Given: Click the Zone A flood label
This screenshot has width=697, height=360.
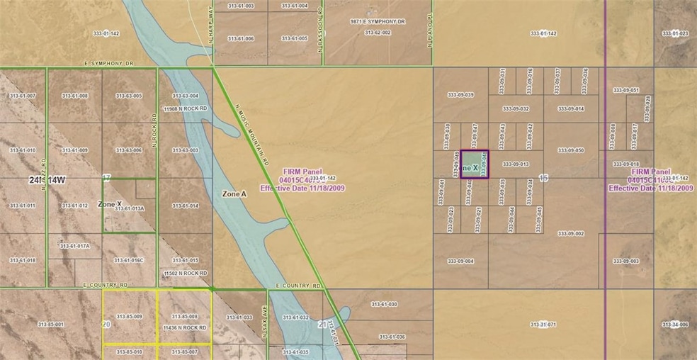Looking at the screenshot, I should (x=234, y=193).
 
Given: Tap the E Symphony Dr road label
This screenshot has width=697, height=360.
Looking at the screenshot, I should (x=108, y=64).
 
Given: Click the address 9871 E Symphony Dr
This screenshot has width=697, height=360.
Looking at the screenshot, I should (x=378, y=23).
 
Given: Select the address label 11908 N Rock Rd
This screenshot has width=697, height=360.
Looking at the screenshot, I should (x=185, y=109).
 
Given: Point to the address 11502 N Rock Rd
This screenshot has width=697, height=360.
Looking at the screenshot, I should (x=185, y=273).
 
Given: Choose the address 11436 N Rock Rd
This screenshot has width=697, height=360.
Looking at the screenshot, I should (x=185, y=328).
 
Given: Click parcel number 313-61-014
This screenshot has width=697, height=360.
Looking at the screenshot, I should (x=185, y=206).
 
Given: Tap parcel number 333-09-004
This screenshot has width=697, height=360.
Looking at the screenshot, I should (x=461, y=261).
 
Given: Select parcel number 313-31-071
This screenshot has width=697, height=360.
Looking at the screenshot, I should (x=543, y=325).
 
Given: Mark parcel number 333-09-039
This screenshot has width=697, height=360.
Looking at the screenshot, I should (x=461, y=94).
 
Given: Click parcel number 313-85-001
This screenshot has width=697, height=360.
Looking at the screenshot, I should (x=50, y=325).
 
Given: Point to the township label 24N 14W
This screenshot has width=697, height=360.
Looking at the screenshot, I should (x=48, y=181).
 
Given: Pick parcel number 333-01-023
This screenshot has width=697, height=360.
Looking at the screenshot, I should (x=675, y=33).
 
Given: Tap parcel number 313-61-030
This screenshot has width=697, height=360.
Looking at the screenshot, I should (x=383, y=304).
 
